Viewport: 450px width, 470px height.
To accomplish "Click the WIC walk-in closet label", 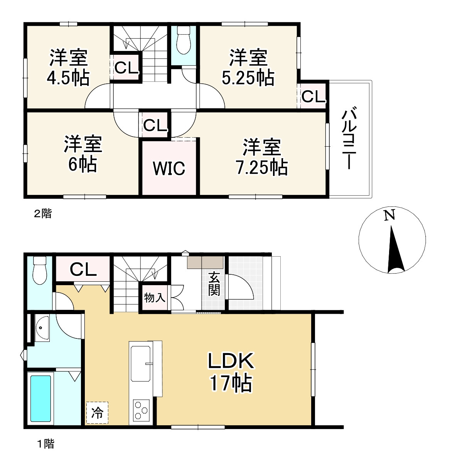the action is (169, 168).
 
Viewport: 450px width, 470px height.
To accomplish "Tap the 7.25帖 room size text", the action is (262, 167).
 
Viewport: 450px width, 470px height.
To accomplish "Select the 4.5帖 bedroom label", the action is (68, 78).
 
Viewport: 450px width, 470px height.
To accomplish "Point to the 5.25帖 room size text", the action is (248, 78).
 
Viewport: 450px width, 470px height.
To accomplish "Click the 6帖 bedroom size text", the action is (83, 164).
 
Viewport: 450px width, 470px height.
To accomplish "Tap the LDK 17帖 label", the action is (231, 372).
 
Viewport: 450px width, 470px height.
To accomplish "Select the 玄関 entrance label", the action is (214, 284).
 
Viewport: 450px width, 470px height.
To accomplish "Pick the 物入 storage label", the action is (155, 298).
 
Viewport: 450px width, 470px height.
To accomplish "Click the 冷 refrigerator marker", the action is (97, 413).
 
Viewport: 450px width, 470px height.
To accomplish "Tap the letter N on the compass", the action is (389, 215).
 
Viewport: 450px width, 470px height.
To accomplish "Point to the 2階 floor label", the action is (43, 214).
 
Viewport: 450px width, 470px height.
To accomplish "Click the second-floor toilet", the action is (184, 40).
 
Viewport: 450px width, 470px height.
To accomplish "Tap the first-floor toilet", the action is (40, 270).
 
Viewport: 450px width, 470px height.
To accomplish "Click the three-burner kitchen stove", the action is (141, 410).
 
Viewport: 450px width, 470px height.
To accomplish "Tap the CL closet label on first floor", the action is (83, 270).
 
